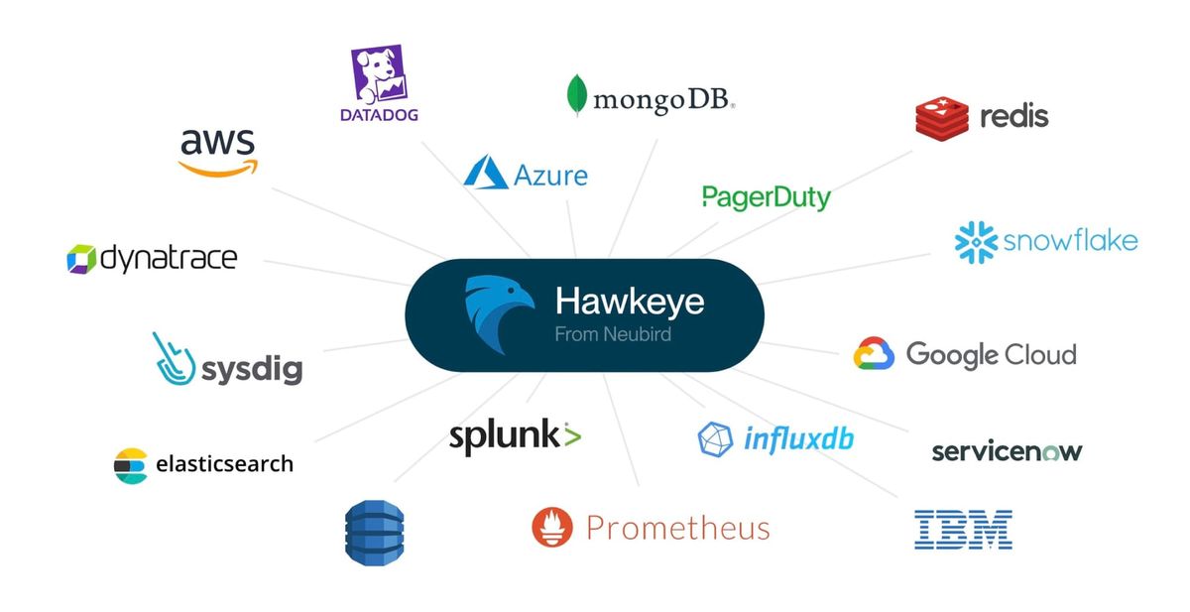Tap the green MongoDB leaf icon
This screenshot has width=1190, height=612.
pos(575,96)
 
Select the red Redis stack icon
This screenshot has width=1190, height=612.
pos(941,117)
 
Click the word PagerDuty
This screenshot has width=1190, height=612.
pos(766,196)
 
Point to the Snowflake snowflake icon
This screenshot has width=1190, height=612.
pos(975,242)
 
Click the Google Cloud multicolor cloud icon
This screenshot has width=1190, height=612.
pos(874,354)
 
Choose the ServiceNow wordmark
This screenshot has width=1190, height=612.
pos(1007,451)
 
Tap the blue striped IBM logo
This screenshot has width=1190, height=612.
pos(963,530)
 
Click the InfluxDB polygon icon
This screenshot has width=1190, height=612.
pos(715,438)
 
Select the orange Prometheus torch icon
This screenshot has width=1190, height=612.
pos(552,527)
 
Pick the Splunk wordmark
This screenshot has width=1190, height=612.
pos(514,436)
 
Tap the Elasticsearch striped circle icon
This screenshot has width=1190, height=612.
pos(130,464)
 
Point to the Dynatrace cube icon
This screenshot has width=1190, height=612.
pos(80,259)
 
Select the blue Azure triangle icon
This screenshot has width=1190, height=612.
pos(486,173)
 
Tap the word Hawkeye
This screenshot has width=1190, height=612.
pos(629,302)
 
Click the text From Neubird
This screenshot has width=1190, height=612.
pos(612,334)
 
